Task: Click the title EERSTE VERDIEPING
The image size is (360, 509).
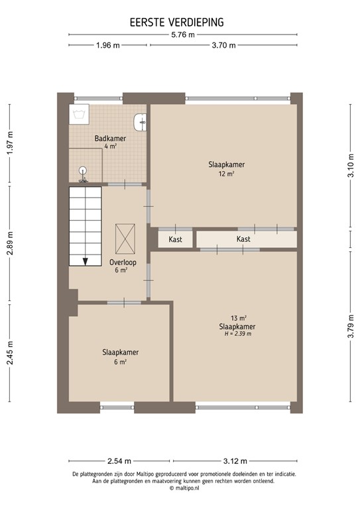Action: [x=177, y=23]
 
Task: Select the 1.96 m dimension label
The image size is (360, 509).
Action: [x=107, y=45]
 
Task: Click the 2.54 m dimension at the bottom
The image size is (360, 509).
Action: [x=119, y=461]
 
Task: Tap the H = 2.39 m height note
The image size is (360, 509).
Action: [x=237, y=334]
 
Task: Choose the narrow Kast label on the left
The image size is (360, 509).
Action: [x=176, y=239]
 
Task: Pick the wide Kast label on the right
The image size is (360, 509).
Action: [x=243, y=239]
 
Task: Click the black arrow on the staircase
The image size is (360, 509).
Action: [x=86, y=260]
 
